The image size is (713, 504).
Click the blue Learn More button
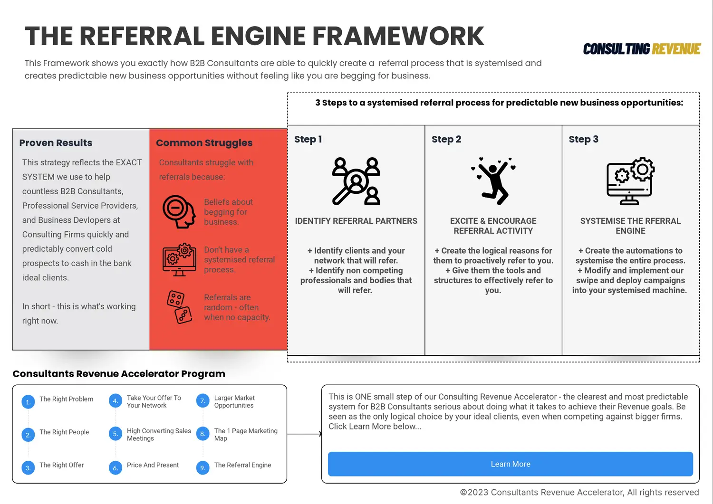510,464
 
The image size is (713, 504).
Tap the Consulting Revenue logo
642,49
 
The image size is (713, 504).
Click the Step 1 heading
308,139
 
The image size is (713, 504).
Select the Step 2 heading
446,139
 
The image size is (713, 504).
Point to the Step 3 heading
583,139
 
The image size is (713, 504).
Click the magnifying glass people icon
356,181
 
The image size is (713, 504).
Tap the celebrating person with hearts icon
493,181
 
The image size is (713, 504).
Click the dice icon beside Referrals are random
179,307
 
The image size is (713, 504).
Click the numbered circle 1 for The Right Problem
28,402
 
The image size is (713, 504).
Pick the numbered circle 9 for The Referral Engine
202,468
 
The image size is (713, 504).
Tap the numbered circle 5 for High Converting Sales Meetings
115,434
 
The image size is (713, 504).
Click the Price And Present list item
153,465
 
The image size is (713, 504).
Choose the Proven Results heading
56,143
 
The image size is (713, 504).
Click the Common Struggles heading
204,143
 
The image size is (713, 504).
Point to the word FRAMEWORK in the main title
398,36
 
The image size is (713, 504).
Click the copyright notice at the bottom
579,492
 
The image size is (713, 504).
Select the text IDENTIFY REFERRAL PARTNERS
356,221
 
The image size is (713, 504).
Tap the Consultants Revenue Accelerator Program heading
119,374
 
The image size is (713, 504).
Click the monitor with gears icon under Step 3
630,181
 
